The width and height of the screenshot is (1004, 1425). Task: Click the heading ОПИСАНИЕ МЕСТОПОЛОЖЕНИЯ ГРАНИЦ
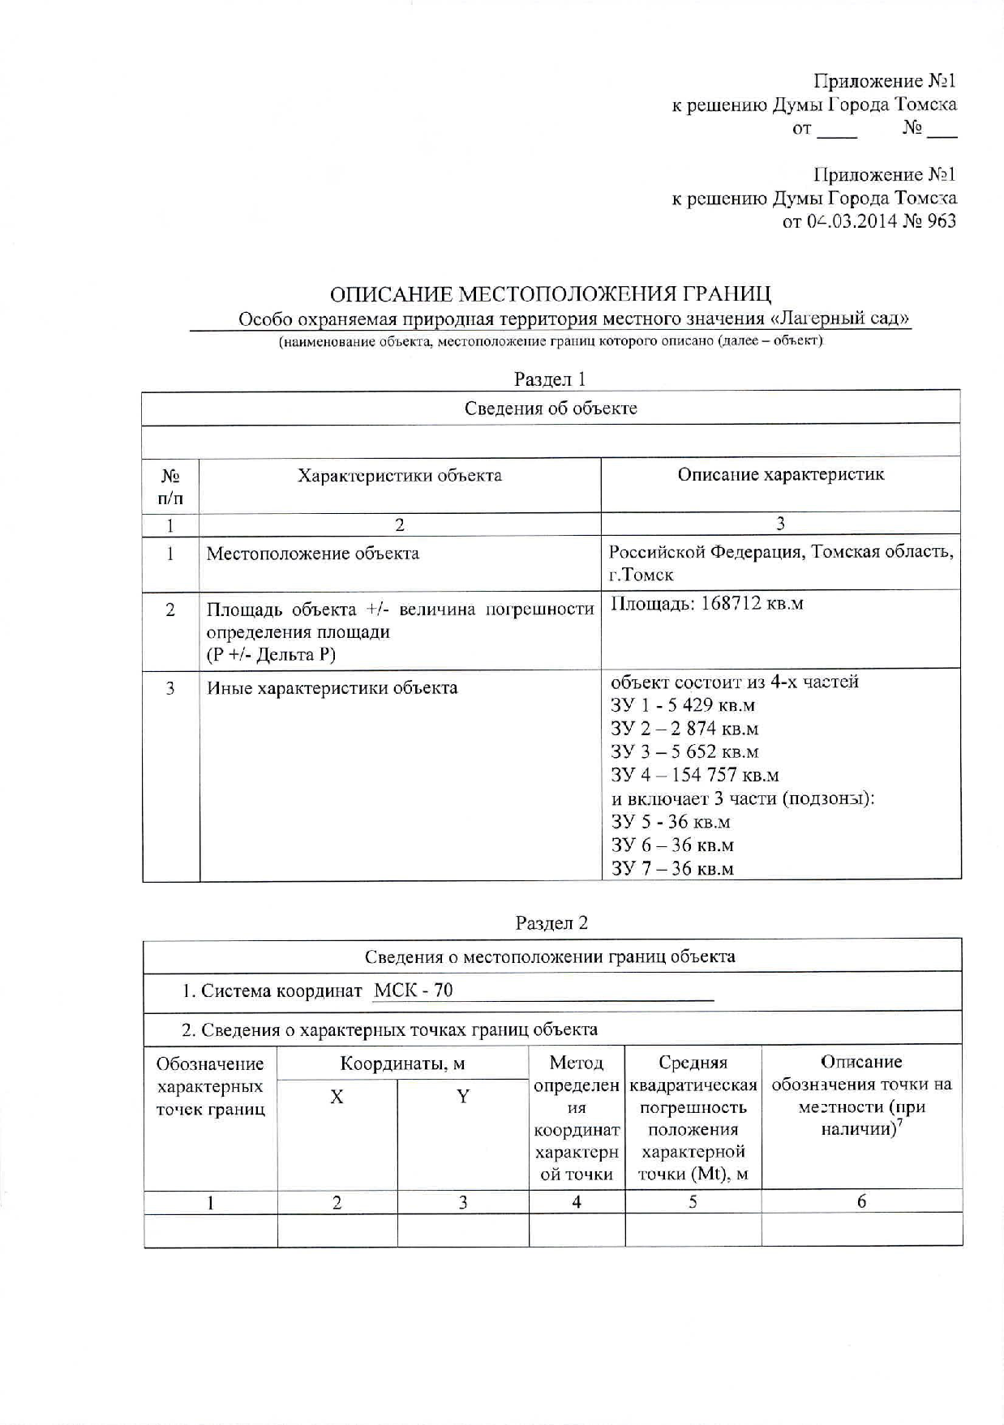pyautogui.click(x=551, y=293)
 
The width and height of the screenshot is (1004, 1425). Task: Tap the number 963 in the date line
pyautogui.click(x=940, y=221)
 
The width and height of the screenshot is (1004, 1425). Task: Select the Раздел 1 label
pyautogui.click(x=550, y=379)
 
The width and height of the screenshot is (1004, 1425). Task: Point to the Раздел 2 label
pyautogui.click(x=551, y=923)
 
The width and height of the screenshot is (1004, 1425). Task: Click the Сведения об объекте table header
pyautogui.click(x=551, y=409)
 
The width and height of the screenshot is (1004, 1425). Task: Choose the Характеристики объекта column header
pyautogui.click(x=399, y=476)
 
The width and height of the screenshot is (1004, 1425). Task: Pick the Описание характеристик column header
pyautogui.click(x=780, y=475)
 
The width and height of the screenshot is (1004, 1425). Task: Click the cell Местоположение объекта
pyautogui.click(x=312, y=554)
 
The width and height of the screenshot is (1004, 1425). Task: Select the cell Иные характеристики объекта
pyautogui.click(x=332, y=688)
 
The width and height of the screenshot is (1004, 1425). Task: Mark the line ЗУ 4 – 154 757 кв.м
pyautogui.click(x=694, y=775)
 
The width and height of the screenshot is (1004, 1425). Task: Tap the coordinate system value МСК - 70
pyautogui.click(x=414, y=991)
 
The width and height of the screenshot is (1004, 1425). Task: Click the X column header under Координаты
pyautogui.click(x=337, y=1098)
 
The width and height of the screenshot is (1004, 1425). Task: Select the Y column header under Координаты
pyautogui.click(x=462, y=1098)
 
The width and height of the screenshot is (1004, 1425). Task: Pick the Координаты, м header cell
pyautogui.click(x=402, y=1063)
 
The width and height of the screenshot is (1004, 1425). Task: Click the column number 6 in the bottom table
pyautogui.click(x=861, y=1202)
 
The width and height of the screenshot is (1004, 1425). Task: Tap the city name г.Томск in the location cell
pyautogui.click(x=641, y=576)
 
